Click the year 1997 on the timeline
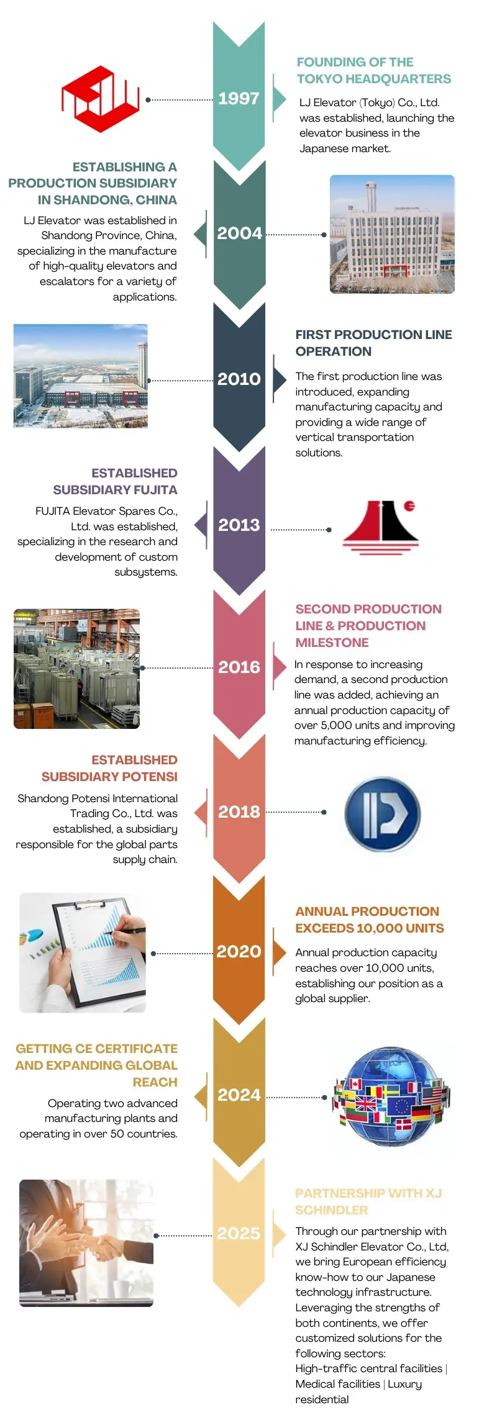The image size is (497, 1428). click(239, 99)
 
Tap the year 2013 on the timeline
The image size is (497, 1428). click(239, 525)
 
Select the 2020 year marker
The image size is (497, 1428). click(239, 952)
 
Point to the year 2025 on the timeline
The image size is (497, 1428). click(239, 1233)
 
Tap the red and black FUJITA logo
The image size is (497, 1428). click(380, 526)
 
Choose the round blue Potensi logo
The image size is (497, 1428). click(383, 814)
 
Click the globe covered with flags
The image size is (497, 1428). click(391, 1096)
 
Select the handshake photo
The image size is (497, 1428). click(86, 1243)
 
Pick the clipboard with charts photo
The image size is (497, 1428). click(83, 952)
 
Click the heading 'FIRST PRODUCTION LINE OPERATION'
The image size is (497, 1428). click(373, 343)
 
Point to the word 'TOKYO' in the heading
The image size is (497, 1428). click(319, 79)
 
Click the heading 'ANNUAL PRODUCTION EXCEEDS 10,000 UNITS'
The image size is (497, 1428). click(370, 920)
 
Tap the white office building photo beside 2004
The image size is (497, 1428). click(392, 234)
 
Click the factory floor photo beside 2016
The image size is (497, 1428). click(76, 669)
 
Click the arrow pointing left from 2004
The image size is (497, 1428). click(200, 234)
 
